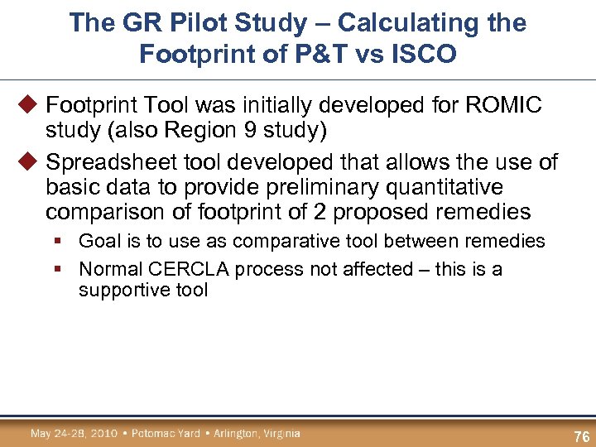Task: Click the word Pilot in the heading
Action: (x=189, y=22)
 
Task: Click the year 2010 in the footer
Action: (x=103, y=433)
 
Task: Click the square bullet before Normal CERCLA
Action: (x=63, y=269)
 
